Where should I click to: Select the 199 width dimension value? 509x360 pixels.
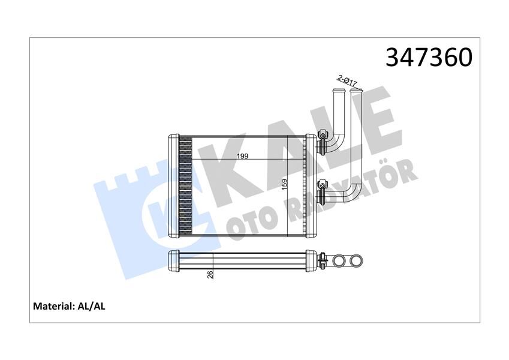tap(242, 156)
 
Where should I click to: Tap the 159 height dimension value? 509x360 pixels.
tap(285, 185)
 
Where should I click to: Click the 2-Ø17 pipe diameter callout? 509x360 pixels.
tap(347, 79)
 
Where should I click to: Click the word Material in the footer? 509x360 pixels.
tap(52, 306)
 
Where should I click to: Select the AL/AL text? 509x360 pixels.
tap(92, 306)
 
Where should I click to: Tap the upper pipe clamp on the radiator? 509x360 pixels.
tap(323, 142)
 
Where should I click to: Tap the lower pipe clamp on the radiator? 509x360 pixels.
tap(323, 188)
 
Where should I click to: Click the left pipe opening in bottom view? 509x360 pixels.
tap(340, 261)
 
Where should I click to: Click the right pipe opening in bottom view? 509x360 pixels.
tap(356, 261)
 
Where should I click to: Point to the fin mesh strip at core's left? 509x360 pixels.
tap(185, 187)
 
